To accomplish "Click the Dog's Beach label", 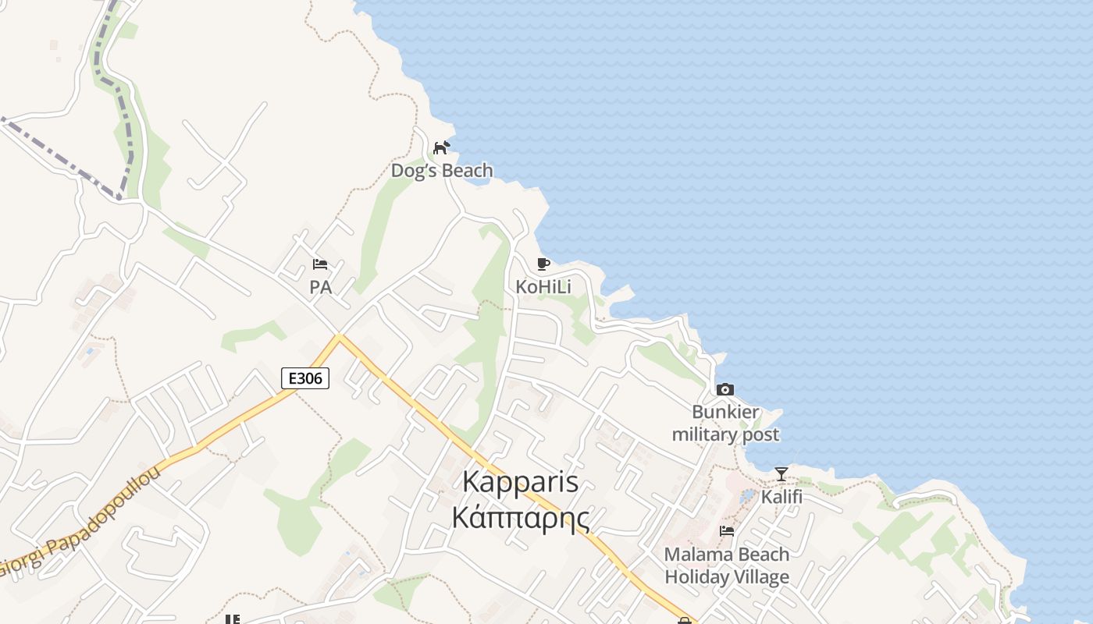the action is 442,170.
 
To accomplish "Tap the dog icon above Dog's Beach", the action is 442,147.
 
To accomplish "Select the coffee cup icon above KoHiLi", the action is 543,264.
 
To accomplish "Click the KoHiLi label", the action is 543,287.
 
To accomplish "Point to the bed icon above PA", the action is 320,264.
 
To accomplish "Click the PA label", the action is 320,287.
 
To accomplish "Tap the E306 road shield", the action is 305,379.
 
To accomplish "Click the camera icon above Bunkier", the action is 725,389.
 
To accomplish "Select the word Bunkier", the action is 725,412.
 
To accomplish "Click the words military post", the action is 725,434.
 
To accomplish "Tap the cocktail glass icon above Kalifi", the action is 781,474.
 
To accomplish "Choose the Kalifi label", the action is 781,497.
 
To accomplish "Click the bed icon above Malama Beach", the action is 727,531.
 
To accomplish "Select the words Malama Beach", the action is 727,554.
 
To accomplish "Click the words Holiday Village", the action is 727,577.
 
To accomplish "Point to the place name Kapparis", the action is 521,481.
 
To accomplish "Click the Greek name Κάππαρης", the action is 521,517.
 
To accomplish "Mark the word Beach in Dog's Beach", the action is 465,170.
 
